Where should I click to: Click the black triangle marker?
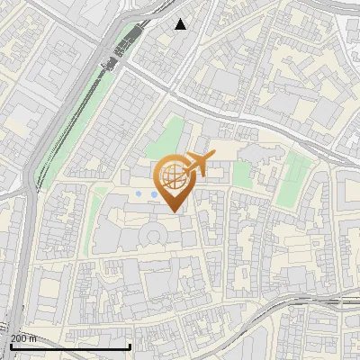tap(181, 24)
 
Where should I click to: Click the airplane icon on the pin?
tap(199, 163)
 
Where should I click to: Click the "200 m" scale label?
tap(23, 338)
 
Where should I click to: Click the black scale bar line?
tap(70, 346)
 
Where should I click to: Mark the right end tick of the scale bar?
tap(130, 345)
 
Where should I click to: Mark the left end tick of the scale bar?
tap(11, 345)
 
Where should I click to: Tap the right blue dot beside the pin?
tap(154, 193)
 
